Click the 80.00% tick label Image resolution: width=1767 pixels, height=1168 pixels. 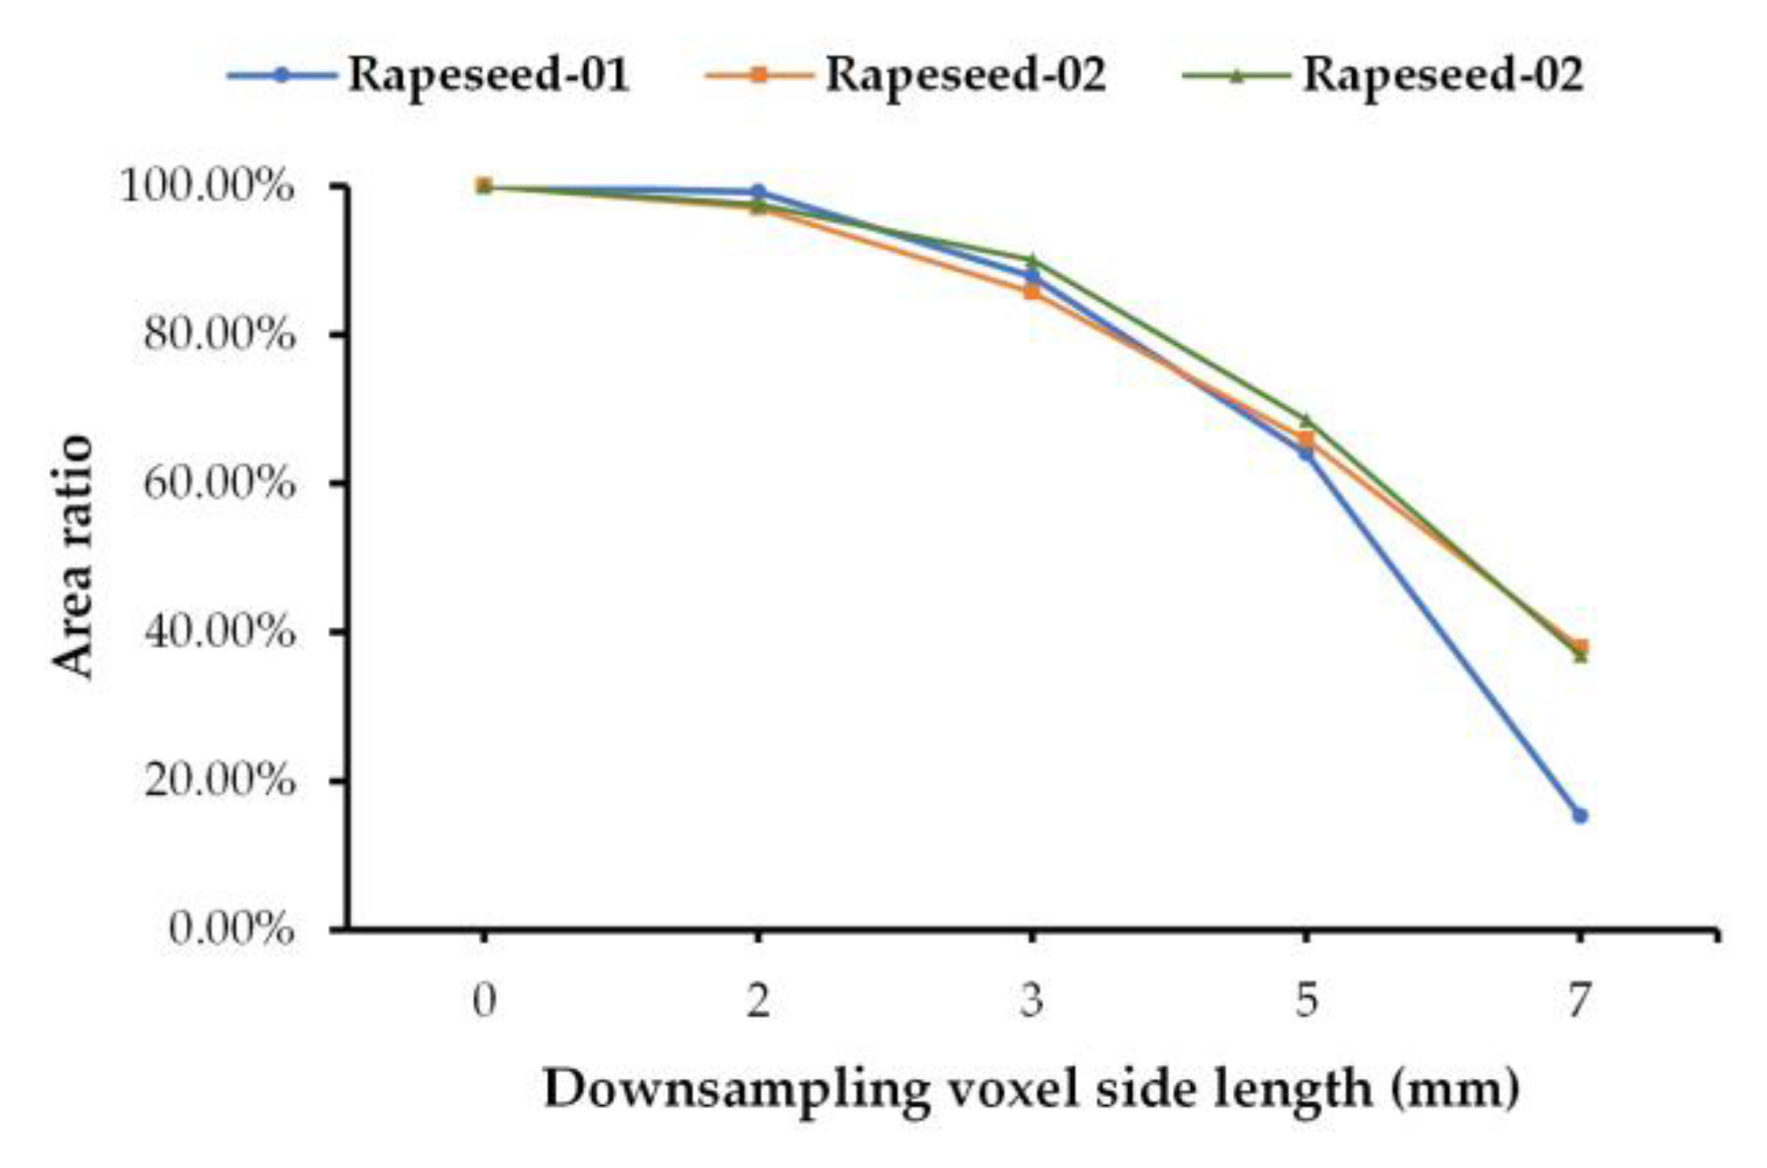[218, 336]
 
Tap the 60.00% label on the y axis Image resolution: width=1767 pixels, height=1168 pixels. [218, 484]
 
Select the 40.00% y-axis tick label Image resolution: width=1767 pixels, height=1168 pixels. [218, 632]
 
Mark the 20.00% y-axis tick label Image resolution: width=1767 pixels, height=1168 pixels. [218, 780]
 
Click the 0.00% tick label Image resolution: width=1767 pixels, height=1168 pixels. [231, 929]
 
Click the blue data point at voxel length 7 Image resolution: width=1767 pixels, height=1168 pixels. [1580, 816]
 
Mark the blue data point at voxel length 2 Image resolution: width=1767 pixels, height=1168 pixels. [758, 191]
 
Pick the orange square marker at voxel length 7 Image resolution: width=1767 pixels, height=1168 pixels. [1580, 646]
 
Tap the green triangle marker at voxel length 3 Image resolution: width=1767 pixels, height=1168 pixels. [1032, 261]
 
